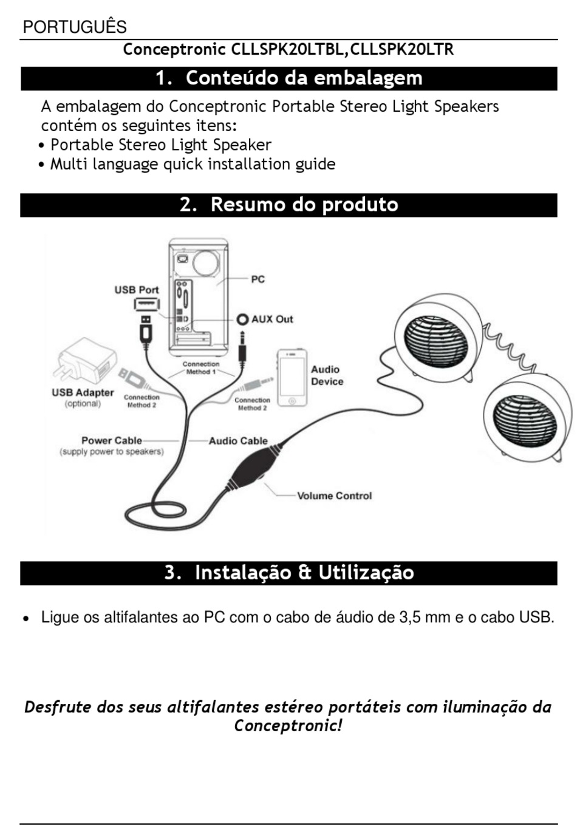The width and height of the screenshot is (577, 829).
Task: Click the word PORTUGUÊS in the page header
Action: click(75, 27)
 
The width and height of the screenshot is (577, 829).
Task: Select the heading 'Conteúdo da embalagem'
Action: click(304, 78)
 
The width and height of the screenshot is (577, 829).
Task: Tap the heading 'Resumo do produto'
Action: click(304, 205)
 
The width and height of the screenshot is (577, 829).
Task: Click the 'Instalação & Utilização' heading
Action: click(304, 573)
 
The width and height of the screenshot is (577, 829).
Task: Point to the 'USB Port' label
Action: click(137, 290)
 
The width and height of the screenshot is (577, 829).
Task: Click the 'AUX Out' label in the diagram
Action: click(271, 319)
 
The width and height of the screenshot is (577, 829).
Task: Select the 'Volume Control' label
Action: click(334, 496)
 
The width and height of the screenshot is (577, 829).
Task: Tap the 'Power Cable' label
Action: click(112, 440)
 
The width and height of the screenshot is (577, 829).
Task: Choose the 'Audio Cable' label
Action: click(238, 441)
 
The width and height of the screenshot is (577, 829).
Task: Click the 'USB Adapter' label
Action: click(83, 393)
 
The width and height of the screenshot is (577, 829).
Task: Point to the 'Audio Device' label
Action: click(327, 375)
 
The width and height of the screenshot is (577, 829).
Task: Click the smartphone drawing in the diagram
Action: click(292, 378)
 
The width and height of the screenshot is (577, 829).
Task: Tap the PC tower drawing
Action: click(198, 298)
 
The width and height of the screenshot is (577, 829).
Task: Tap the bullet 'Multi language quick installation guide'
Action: click(193, 164)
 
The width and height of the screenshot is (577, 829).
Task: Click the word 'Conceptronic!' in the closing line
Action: click(288, 726)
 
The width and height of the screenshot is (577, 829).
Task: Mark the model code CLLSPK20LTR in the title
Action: click(402, 49)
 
